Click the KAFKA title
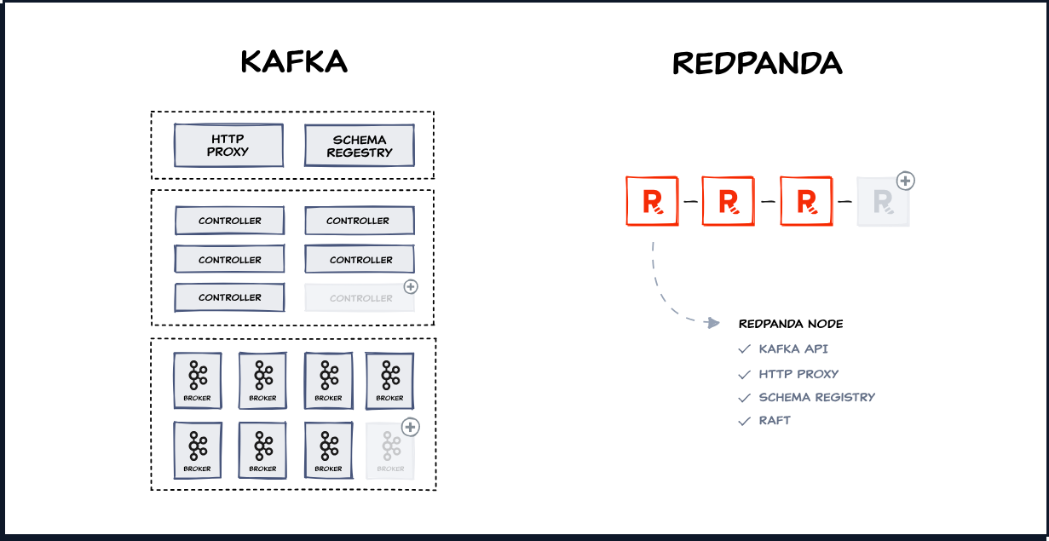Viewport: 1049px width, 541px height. (x=294, y=62)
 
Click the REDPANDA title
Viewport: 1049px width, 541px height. (x=757, y=62)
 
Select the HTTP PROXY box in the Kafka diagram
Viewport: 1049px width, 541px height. (x=228, y=146)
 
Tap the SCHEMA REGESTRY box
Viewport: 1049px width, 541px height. (x=360, y=146)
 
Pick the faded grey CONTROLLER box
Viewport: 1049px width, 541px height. (x=360, y=298)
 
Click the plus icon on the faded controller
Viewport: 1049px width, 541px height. (x=411, y=286)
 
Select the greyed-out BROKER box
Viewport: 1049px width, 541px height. (x=390, y=451)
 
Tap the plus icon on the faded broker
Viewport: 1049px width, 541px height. (x=411, y=426)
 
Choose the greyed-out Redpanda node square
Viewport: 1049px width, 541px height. (x=883, y=202)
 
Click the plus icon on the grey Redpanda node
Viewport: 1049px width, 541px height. (x=906, y=181)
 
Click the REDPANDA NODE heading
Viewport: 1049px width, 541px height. (x=791, y=324)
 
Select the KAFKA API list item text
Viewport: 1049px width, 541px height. (x=793, y=349)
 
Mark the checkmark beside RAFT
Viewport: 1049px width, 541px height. (x=744, y=421)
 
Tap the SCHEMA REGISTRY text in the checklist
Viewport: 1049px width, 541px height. (x=816, y=397)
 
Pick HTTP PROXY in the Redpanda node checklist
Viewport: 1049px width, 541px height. (x=798, y=373)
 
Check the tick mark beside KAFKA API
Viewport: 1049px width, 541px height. (x=744, y=349)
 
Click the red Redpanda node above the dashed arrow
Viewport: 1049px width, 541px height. (x=652, y=202)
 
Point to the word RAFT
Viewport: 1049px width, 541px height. (x=775, y=421)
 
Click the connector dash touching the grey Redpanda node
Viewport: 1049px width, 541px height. (x=844, y=202)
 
